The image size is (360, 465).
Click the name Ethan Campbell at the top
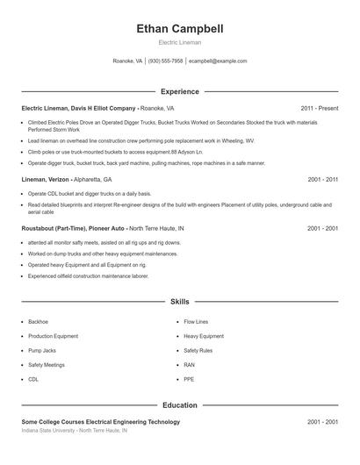[x=180, y=29]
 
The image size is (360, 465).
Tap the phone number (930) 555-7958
[x=165, y=61]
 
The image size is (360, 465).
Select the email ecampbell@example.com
[x=218, y=61]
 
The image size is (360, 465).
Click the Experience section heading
[x=180, y=91]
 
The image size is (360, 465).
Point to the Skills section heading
[x=180, y=302]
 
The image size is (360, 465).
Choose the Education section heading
[x=180, y=405]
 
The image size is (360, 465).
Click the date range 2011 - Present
[x=319, y=108]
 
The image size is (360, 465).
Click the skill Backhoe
[x=40, y=322]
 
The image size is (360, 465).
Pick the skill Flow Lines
[x=196, y=322]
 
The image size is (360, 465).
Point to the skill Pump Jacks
[x=42, y=350]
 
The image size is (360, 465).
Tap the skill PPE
[x=190, y=379]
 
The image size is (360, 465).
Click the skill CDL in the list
[x=33, y=379]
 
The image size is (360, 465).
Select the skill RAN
[x=190, y=364]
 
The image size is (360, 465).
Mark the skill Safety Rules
[x=198, y=350]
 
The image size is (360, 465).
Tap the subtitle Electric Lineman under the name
[x=180, y=42]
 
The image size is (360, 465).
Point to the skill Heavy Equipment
[x=204, y=336]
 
